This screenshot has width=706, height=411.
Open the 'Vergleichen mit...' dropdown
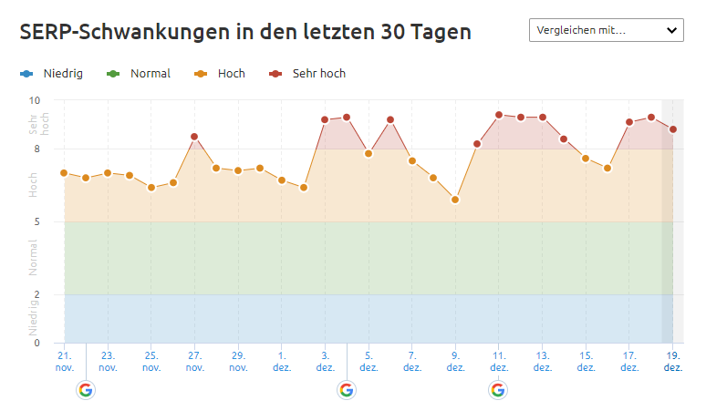coord(606,30)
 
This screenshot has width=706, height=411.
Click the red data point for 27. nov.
coord(194,137)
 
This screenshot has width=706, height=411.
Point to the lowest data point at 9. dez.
coord(455,200)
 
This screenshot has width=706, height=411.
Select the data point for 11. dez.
coord(499,115)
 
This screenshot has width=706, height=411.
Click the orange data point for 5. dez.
coord(369,153)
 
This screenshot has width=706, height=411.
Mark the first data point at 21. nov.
coord(64,172)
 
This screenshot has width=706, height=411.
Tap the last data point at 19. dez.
coord(673,129)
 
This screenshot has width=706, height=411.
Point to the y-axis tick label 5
coord(37,221)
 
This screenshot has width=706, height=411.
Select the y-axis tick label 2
coord(37,294)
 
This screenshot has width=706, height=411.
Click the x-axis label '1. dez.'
coord(282,361)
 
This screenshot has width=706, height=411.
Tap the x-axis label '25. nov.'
coord(151,361)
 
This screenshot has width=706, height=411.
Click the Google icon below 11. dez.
coord(497,390)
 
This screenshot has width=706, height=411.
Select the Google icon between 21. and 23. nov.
coord(86,390)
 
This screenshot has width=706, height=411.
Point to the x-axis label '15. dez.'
coord(586,361)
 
